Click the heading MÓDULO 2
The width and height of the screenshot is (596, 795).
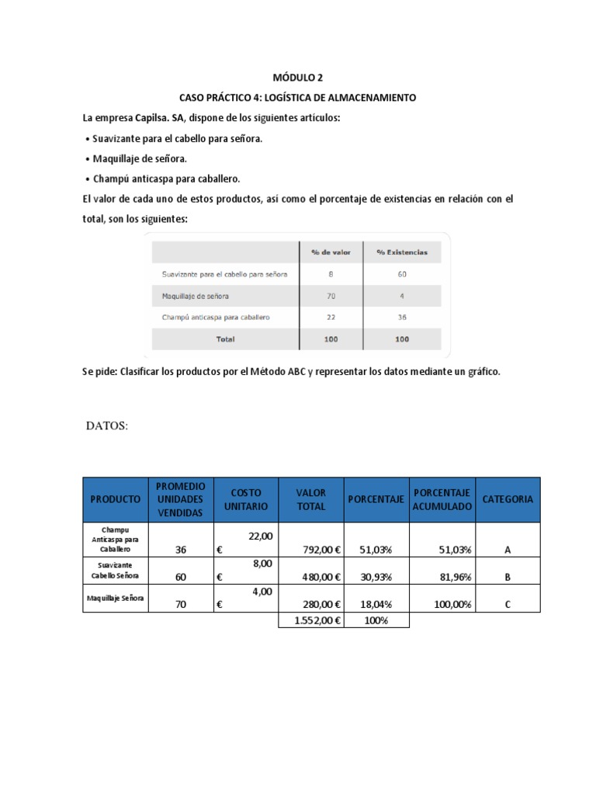pyautogui.click(x=297, y=78)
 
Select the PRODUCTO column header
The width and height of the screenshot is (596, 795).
pyautogui.click(x=115, y=499)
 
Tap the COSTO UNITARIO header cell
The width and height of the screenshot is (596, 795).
pyautogui.click(x=245, y=499)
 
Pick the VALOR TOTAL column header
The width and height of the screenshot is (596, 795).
pyautogui.click(x=311, y=499)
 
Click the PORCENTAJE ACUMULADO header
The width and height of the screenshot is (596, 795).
pyautogui.click(x=442, y=499)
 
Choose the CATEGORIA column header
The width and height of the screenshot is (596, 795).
pyautogui.click(x=508, y=499)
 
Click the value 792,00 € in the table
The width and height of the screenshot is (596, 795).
pyautogui.click(x=319, y=550)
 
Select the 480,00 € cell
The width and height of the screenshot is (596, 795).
pyautogui.click(x=319, y=577)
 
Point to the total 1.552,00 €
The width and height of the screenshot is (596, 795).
pyautogui.click(x=312, y=620)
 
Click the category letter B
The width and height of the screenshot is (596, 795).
pyautogui.click(x=508, y=577)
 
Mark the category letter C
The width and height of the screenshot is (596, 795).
pyautogui.click(x=508, y=604)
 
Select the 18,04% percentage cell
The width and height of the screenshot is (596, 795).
pyautogui.click(x=376, y=604)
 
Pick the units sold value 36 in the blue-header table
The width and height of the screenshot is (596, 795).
pyautogui.click(x=181, y=550)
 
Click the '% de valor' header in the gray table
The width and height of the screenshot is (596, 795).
pyautogui.click(x=331, y=252)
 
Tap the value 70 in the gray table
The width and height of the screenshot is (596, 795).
pyautogui.click(x=331, y=296)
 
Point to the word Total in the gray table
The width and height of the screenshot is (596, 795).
pyautogui.click(x=225, y=338)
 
